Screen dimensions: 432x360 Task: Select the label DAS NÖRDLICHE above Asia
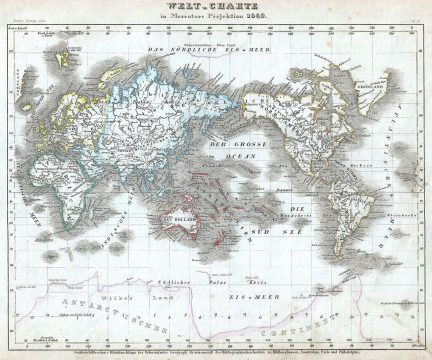pyautogui.click(x=185, y=50)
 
